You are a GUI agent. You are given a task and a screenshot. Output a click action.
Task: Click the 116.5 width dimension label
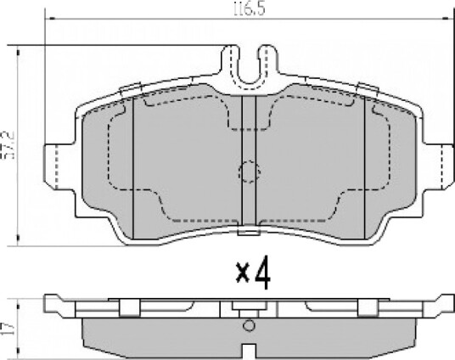coord(250,9)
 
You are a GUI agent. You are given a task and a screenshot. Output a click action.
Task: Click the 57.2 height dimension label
coord(8,145)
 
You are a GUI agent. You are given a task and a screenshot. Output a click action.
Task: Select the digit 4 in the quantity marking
coord(263,273)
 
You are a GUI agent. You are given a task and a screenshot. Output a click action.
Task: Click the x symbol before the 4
coord(243,273)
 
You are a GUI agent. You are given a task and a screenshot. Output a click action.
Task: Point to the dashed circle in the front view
coord(249,172)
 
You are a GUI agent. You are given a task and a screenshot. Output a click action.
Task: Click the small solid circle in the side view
coord(249,325)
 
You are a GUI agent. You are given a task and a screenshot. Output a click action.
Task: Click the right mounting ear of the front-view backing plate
coord(439,166)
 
